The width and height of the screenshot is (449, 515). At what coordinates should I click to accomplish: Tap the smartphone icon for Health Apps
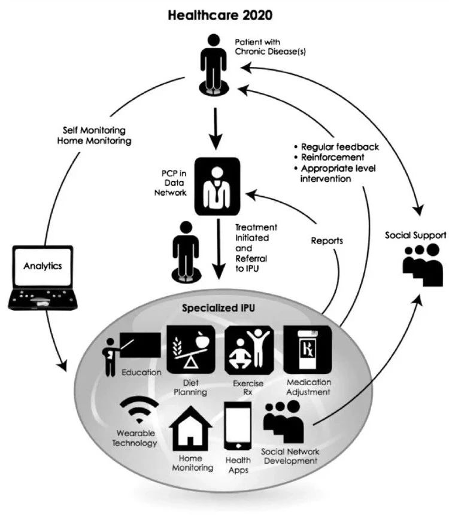pos(238,426)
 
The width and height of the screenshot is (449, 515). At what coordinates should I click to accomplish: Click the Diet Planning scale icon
pos(191,350)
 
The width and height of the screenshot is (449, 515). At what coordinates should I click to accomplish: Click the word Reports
pos(327,240)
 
